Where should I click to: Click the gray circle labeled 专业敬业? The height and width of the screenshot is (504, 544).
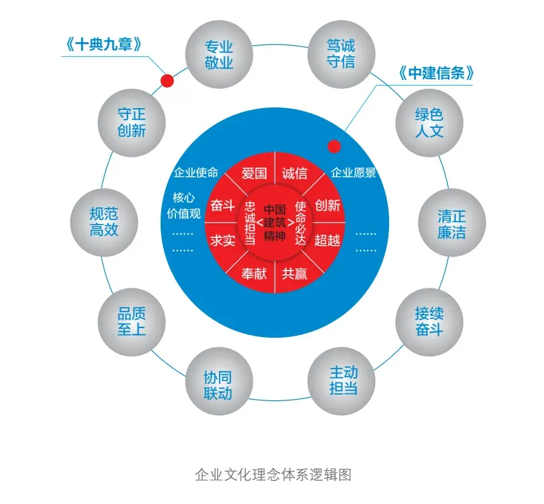tap(218, 54)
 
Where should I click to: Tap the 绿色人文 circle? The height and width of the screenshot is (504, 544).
tap(429, 123)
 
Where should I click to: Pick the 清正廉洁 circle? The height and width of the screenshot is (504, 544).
tap(451, 223)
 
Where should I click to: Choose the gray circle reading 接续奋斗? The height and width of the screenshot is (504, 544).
tap(429, 322)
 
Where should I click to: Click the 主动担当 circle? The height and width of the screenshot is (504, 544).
tap(342, 380)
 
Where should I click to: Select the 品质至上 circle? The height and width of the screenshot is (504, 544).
tap(131, 321)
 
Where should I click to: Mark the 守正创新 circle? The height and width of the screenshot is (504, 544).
tap(131, 122)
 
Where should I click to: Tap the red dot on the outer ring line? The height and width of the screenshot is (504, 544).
tap(167, 81)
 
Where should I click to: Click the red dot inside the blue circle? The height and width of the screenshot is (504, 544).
tap(334, 146)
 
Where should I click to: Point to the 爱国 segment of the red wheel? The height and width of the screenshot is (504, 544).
tap(253, 173)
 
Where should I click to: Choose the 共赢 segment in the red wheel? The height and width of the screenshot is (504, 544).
tap(294, 274)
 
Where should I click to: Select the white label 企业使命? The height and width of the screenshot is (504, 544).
tap(196, 173)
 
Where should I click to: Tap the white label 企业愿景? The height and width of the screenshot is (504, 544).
tap(353, 173)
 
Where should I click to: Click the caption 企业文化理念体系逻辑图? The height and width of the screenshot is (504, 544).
tap(273, 475)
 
